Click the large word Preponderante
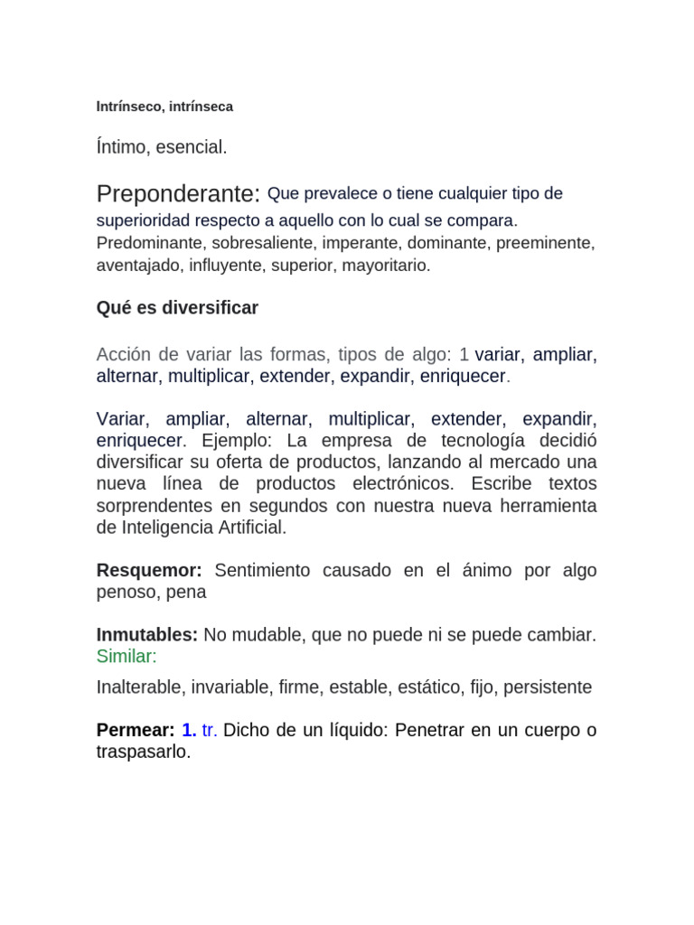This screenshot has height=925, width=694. (x=178, y=194)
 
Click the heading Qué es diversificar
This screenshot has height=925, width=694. (x=177, y=308)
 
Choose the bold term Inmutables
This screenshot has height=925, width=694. (x=146, y=635)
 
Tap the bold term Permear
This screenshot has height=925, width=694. (x=134, y=730)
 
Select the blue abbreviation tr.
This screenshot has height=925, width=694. (x=209, y=730)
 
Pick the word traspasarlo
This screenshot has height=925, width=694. (x=144, y=752)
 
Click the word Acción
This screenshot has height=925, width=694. (x=125, y=355)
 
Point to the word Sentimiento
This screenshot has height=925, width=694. (x=262, y=571)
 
